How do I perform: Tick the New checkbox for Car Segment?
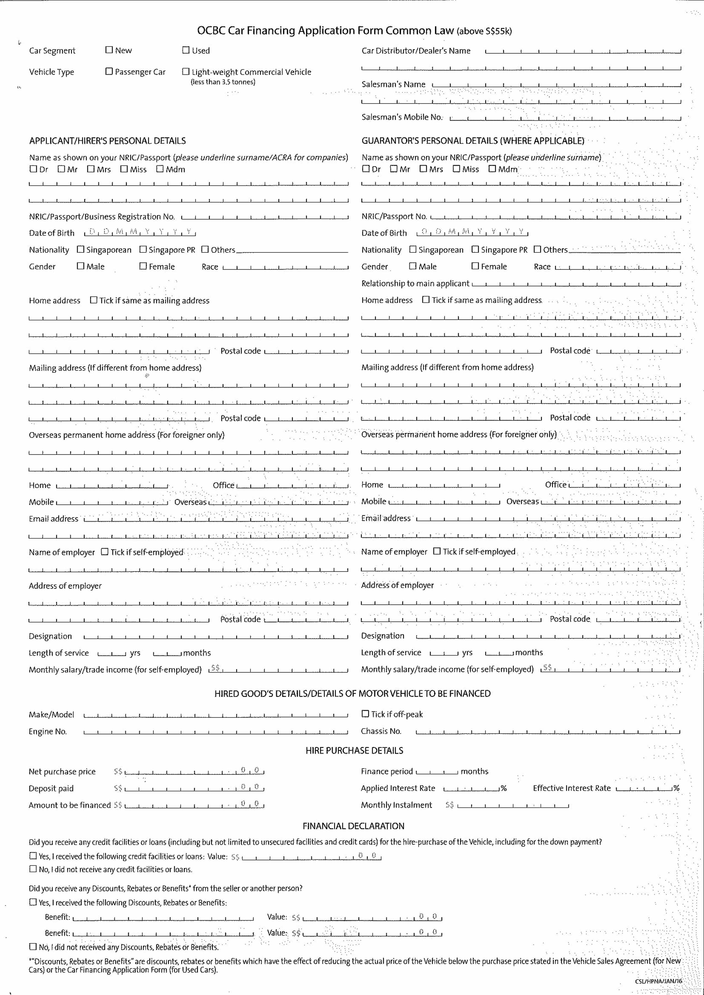(109, 50)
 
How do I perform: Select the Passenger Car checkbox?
(109, 71)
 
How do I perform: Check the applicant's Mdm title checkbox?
(160, 169)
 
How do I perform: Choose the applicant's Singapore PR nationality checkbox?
(143, 250)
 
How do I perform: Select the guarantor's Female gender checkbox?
(475, 266)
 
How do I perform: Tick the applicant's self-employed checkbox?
(104, 552)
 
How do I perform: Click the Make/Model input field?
(215, 715)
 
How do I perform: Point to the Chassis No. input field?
(547, 731)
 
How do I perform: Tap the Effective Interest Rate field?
(644, 788)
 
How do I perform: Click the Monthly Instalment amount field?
(513, 805)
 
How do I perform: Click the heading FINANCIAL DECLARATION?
(353, 826)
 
